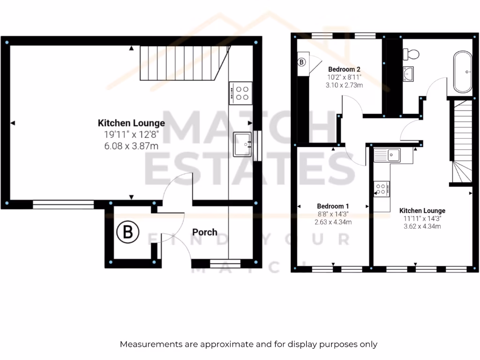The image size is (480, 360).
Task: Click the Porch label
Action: coord(205,232)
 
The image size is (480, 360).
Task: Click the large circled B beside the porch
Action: coord(128,232)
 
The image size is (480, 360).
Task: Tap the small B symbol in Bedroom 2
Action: coord(302,61)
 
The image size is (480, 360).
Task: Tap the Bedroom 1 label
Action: coord(333,206)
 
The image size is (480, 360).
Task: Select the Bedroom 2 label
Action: coord(344,69)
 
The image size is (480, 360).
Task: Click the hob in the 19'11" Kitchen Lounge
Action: coord(240,92)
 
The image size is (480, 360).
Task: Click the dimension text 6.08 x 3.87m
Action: coord(131,146)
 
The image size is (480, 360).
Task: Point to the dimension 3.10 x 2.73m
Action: coord(345,85)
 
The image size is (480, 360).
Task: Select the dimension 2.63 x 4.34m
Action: coord(333,222)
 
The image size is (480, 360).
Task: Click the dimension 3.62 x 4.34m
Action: coord(422,226)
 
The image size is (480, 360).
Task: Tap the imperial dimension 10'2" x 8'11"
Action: coord(344,77)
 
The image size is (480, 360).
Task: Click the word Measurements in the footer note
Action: coord(150,344)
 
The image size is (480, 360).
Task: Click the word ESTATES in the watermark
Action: coord(248,167)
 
